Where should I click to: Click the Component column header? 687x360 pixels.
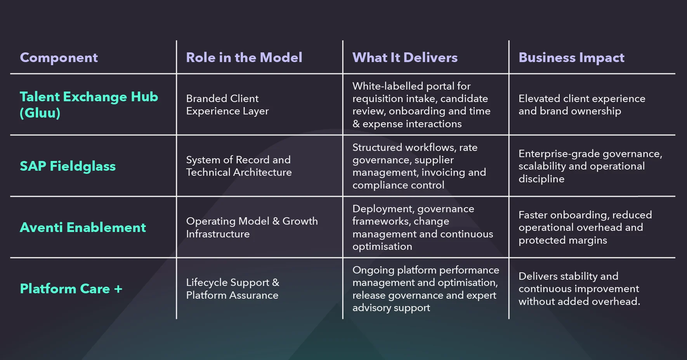(59, 58)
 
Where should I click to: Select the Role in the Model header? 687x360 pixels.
(244, 58)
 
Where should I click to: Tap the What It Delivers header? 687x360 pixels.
(405, 58)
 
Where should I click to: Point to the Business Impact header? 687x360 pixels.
(571, 58)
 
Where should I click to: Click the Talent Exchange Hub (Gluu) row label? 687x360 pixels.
(88, 104)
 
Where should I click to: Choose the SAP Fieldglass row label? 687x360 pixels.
(68, 166)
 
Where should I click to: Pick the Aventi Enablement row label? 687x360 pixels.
(83, 227)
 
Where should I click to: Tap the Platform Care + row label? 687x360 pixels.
(71, 289)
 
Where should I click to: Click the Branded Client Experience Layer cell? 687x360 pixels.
(227, 105)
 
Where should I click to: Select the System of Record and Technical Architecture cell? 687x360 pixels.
(239, 166)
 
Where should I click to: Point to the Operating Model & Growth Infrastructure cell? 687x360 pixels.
(252, 227)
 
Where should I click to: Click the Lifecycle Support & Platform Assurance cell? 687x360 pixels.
(232, 289)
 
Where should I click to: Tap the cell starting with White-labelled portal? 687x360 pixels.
(421, 105)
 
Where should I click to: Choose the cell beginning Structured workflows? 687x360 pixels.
(419, 166)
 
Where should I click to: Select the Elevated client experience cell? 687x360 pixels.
(581, 105)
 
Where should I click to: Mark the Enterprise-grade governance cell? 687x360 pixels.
(590, 166)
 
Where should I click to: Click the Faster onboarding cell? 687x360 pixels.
(585, 227)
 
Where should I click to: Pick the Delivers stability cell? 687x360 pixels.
(579, 289)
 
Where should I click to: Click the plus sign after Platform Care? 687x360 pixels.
(118, 289)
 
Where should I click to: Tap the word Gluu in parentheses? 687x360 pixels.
(40, 113)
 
